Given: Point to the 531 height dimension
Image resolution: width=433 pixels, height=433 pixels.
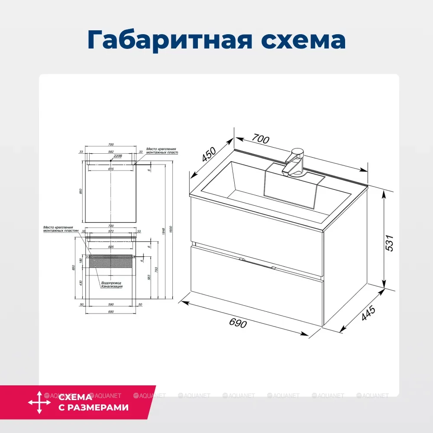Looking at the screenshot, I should point(389,243).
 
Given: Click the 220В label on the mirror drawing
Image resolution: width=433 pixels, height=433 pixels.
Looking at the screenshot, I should point(117,156).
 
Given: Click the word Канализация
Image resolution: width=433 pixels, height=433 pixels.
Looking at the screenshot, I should point(112,287).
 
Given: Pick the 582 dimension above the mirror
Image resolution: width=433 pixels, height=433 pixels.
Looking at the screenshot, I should point(111,152).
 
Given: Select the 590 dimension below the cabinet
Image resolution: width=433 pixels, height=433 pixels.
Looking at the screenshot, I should point(111,305).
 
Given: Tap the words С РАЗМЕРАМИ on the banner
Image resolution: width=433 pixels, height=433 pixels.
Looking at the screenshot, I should point(93,407).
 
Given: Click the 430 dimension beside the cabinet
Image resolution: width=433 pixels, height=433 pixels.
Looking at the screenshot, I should point(81,283).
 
